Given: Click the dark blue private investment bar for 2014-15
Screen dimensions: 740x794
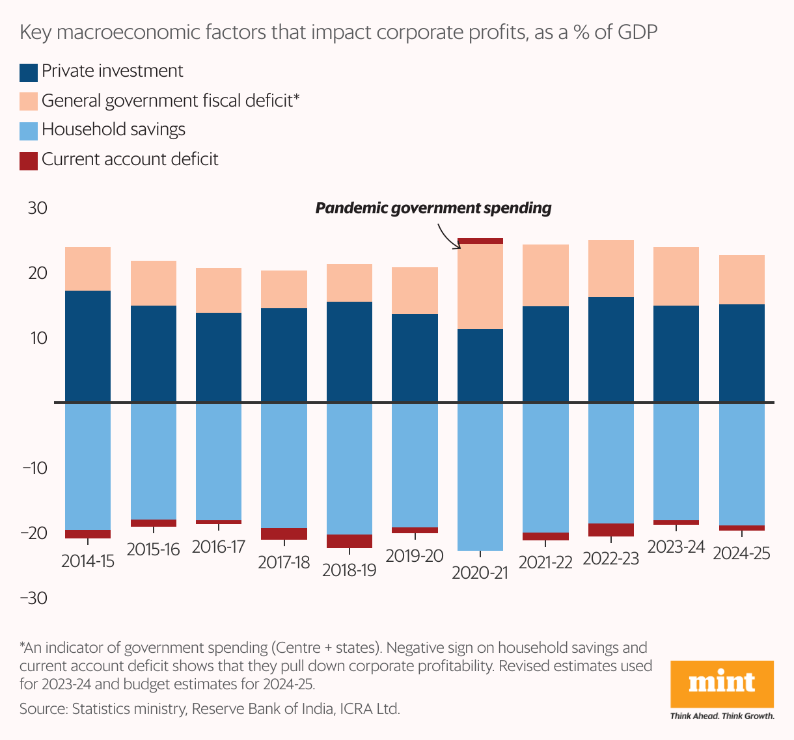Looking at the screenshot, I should (88, 346).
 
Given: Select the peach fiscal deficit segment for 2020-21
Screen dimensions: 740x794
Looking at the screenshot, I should (480, 286).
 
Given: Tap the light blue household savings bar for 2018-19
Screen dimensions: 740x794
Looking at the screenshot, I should (349, 468).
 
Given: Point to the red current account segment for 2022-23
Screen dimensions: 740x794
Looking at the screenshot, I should (611, 530).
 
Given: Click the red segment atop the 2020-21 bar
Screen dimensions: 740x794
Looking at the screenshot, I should (480, 241).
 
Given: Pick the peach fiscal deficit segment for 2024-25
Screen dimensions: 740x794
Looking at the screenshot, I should (742, 280).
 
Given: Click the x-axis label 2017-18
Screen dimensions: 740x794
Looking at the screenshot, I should (284, 562).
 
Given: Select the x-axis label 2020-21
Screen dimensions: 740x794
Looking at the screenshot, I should (480, 573).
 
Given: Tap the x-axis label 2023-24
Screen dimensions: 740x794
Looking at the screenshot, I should (676, 547).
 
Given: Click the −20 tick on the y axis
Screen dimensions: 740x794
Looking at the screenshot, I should (34, 533).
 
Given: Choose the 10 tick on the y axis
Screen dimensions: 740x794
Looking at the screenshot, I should (38, 338).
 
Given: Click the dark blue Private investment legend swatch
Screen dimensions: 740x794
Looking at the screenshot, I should (29, 72).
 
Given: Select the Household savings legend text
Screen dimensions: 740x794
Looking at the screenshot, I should (113, 130).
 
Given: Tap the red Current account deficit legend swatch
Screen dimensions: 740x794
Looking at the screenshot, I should (29, 161).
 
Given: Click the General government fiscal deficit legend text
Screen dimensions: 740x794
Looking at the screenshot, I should (171, 101).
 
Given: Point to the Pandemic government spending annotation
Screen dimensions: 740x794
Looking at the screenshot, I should (433, 208).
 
